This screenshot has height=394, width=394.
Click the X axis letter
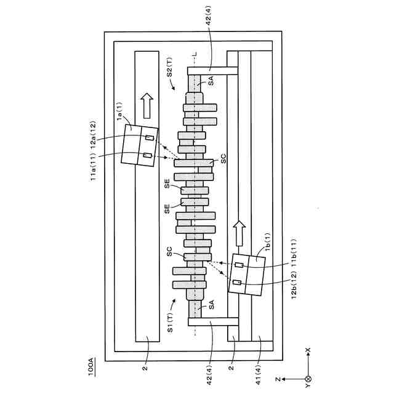click(308, 350)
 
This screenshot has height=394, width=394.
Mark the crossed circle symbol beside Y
click(308, 379)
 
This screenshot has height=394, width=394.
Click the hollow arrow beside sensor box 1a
click(147, 105)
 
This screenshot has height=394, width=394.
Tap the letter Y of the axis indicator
click(308, 387)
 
